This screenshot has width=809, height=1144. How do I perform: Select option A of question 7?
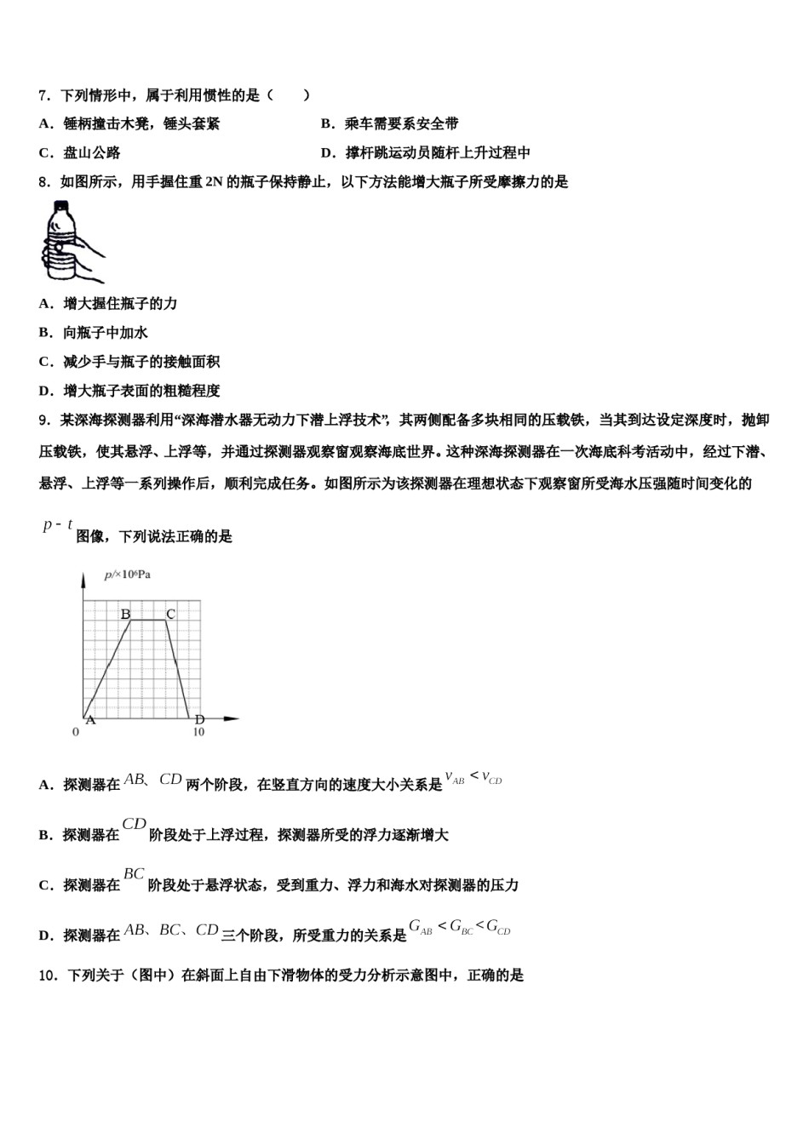tap(129, 124)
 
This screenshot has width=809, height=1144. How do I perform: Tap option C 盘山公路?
tap(80, 153)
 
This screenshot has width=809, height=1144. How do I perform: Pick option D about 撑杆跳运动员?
tap(426, 153)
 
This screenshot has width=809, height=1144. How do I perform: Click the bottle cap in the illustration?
tap(60, 205)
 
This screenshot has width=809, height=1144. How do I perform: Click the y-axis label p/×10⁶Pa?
tap(128, 575)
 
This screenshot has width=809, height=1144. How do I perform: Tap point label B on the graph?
tap(125, 614)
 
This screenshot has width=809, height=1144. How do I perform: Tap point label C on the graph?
tap(170, 614)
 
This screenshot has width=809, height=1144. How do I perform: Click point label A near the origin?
tap(90, 720)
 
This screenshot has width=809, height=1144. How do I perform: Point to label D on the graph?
tap(200, 720)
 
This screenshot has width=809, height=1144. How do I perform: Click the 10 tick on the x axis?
tap(198, 732)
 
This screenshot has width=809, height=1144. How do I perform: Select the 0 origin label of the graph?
tap(76, 732)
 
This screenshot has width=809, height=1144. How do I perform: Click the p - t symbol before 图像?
tap(58, 526)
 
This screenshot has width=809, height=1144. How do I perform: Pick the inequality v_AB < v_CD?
tap(473, 777)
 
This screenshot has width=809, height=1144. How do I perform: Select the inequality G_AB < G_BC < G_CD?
tap(459, 927)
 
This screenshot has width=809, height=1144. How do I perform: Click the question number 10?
tap(48, 975)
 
